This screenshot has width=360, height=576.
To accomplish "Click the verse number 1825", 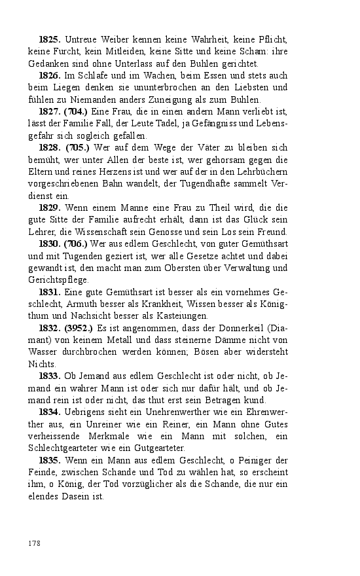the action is (x=50, y=41).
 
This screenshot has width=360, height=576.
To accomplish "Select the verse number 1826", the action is (x=50, y=76).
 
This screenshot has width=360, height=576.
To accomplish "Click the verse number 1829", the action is (x=50, y=207).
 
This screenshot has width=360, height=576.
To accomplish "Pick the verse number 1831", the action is (x=50, y=292).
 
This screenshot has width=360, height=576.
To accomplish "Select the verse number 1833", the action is (x=50, y=376).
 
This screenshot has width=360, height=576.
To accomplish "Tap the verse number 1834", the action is (x=50, y=412).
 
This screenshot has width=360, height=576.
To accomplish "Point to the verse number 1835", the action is (x=50, y=460).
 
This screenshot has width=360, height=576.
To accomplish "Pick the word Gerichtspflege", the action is (x=58, y=279).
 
